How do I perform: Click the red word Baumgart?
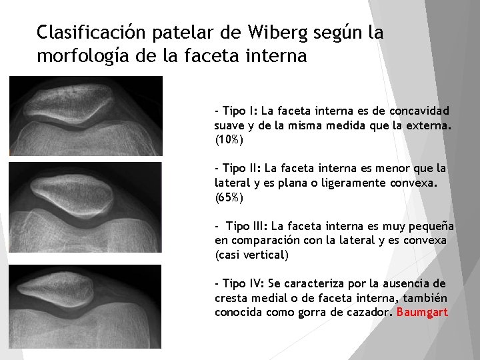[x=422, y=312]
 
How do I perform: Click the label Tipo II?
[x=241, y=168]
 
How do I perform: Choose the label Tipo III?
[x=245, y=226]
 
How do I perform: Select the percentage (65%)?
[x=229, y=197]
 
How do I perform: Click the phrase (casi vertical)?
[x=251, y=255]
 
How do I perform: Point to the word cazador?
[x=364, y=312]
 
